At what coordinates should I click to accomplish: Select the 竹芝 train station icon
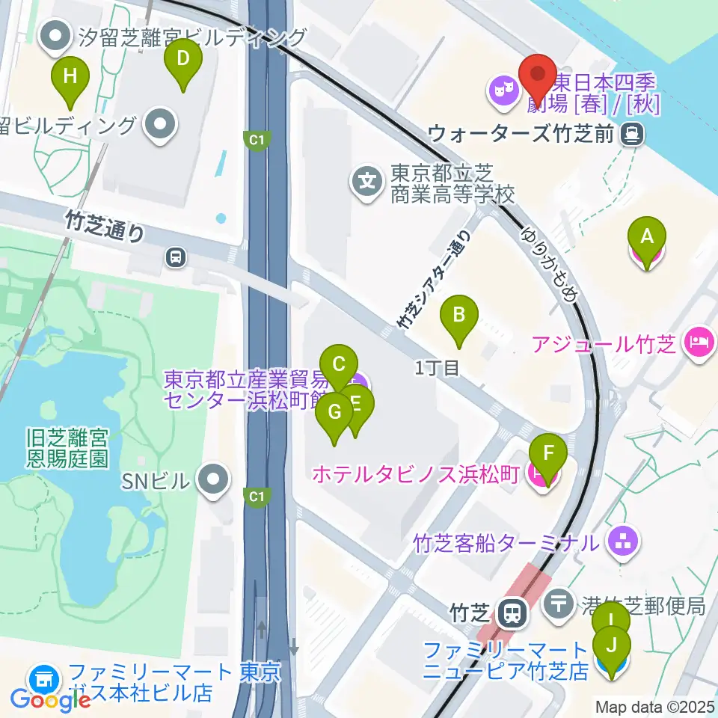click(x=512, y=614)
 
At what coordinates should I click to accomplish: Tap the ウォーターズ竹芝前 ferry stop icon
click(x=633, y=134)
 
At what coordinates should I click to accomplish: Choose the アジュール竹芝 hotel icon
click(x=699, y=344)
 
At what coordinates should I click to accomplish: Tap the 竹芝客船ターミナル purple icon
click(x=623, y=542)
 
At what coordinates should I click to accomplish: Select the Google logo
click(x=51, y=700)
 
